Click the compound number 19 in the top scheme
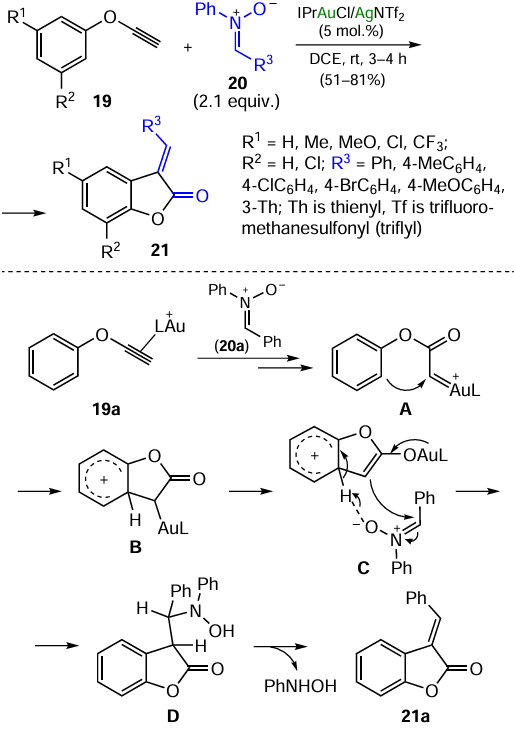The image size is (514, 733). tap(102, 100)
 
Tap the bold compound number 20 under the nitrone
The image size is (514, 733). tap(237, 83)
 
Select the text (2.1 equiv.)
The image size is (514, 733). tap(237, 101)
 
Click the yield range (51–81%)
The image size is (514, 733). tap(352, 80)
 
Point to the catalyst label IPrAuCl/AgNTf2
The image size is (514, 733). tap(351, 14)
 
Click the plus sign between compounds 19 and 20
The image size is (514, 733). tap(188, 47)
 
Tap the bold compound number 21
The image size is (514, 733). tap(159, 250)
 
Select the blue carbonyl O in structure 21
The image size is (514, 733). tap(201, 195)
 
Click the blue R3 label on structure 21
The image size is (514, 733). tap(151, 126)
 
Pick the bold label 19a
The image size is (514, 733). tap(106, 409)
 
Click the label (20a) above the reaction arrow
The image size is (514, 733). tap(231, 346)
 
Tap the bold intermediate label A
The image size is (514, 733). tap(405, 409)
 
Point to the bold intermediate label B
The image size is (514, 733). tap(136, 547)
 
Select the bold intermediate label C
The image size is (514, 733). tap(363, 568)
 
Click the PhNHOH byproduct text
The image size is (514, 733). tap(300, 686)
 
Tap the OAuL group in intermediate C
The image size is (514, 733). tap(425, 455)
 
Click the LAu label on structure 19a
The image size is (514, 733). tap(170, 325)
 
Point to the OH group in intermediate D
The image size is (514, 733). tap(221, 631)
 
